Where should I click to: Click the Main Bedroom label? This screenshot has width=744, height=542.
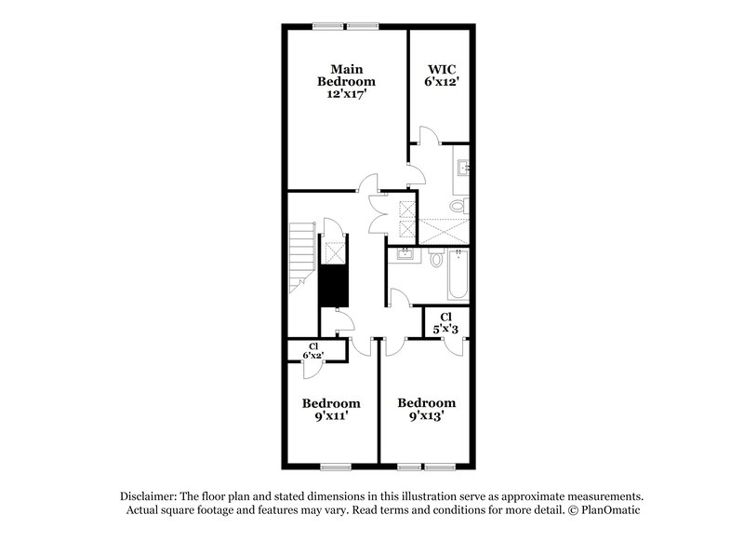click(x=345, y=82)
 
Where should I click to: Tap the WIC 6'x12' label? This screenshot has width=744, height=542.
click(x=441, y=75)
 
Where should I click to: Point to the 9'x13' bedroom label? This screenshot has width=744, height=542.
click(x=427, y=410)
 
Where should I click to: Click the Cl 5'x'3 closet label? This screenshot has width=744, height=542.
click(x=447, y=323)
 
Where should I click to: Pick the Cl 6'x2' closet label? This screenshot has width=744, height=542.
click(x=313, y=350)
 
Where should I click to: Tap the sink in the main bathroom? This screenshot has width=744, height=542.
click(x=465, y=168)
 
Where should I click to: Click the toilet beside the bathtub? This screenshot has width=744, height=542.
click(x=435, y=261)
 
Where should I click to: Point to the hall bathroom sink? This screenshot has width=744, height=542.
click(x=405, y=253)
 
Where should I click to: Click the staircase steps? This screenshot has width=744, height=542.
click(x=299, y=253)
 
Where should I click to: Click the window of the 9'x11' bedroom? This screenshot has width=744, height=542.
click(x=332, y=466)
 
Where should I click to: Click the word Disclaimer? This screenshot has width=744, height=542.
click(x=148, y=496)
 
